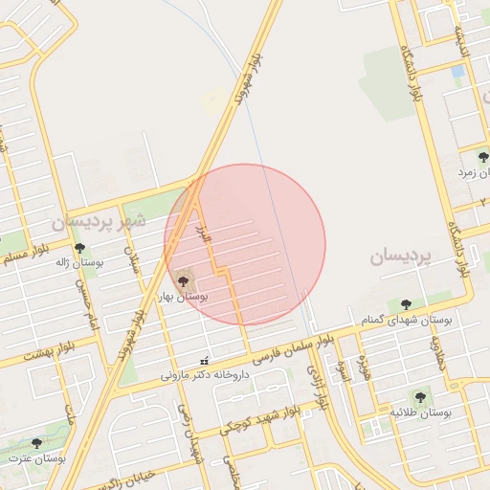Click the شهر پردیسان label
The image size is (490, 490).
click(99, 221)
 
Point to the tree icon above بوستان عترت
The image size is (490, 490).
click(37, 443)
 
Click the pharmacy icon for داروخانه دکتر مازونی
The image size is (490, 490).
click(203, 362)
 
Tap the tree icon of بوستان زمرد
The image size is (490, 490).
click(481, 157)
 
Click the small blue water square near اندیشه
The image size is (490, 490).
click(458, 71)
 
